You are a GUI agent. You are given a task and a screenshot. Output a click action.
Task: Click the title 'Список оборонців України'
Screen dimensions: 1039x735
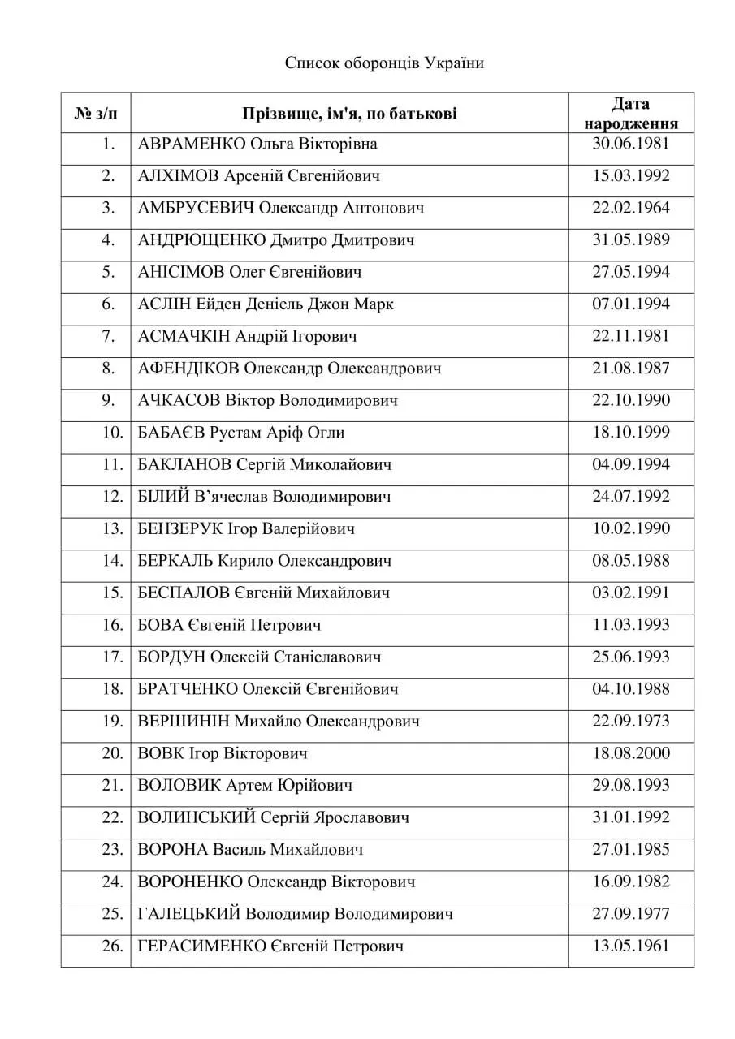[x=384, y=63]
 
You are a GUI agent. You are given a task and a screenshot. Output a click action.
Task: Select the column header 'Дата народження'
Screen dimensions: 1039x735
[x=630, y=114]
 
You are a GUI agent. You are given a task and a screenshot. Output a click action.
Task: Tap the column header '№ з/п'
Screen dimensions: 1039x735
[x=96, y=114]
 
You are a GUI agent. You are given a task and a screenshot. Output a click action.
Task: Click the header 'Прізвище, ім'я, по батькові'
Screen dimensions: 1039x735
[x=348, y=114]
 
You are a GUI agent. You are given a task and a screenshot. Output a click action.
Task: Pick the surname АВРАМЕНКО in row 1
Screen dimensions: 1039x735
[x=192, y=144]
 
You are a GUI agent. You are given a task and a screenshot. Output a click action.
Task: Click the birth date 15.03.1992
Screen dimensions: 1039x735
[x=630, y=176]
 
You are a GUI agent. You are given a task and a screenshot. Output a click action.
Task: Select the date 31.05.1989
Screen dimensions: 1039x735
[x=630, y=240]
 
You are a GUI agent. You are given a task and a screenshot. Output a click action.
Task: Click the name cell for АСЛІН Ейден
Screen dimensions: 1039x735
[x=266, y=304]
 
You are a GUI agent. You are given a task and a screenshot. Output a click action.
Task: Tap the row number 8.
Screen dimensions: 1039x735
[x=109, y=369]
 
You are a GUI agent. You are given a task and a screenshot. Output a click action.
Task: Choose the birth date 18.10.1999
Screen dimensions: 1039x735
[x=630, y=433]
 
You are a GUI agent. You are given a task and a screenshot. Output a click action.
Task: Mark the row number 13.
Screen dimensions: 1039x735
[x=111, y=529]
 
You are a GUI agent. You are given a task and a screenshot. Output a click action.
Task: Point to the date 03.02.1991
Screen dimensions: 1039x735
[x=630, y=593]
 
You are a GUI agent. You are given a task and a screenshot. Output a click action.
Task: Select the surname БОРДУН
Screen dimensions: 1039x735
[x=172, y=657]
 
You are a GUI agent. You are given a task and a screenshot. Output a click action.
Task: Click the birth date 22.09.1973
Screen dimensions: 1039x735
[x=630, y=722]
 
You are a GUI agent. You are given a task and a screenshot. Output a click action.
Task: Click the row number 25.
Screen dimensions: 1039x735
[x=111, y=914]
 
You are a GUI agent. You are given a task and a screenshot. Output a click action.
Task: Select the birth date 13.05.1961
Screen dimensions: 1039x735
[x=630, y=946]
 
